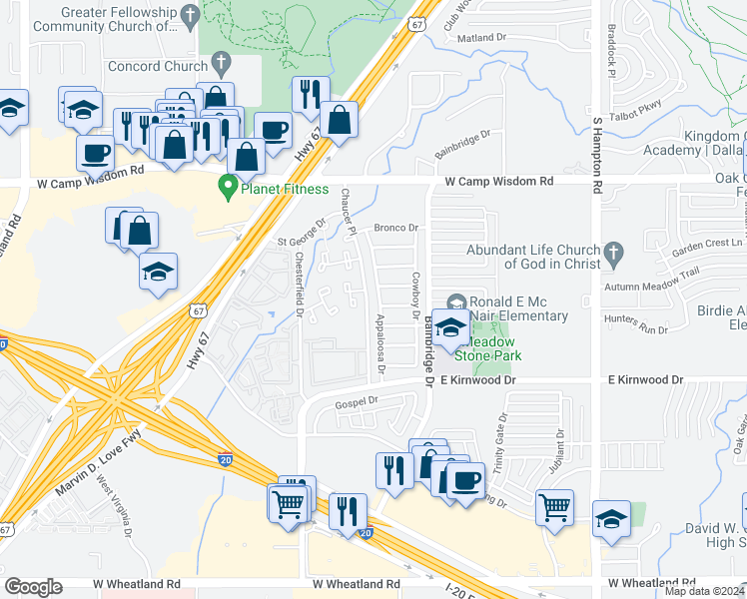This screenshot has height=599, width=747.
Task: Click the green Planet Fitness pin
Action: click(228, 186)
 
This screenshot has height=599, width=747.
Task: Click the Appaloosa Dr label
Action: click(381, 344)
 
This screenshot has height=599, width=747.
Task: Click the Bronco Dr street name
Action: click(394, 228)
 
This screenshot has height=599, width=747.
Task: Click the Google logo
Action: click(33, 587)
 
